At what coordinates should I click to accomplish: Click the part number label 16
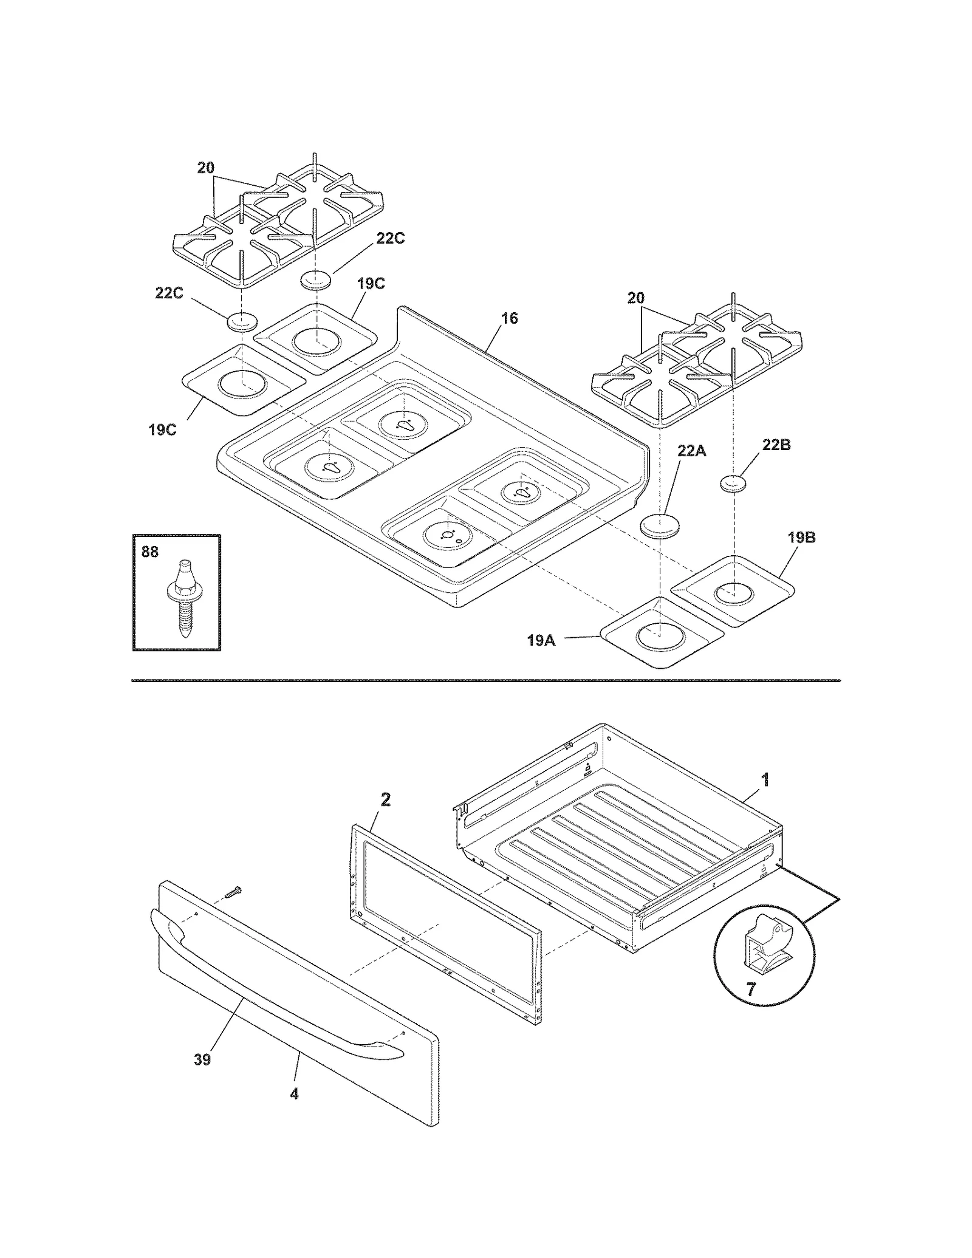509,318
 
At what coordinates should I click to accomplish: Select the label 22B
776,445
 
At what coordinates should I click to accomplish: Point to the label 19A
541,640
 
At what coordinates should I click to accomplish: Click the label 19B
801,538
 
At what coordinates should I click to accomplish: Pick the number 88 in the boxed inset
150,552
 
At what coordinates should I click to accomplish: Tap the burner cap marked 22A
659,527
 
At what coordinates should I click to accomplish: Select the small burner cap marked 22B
735,484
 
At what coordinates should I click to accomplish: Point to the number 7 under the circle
751,990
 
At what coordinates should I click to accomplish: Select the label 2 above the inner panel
385,800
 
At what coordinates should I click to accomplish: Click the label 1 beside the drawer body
765,779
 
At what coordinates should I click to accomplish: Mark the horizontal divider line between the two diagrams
486,681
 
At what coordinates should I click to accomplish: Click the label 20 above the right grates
635,298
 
